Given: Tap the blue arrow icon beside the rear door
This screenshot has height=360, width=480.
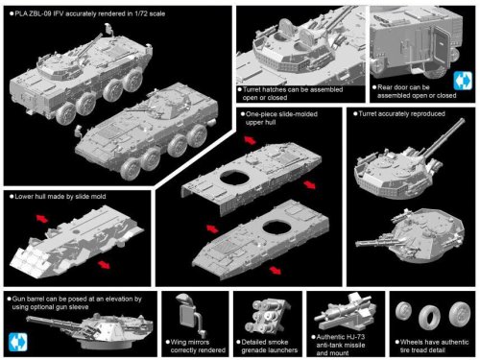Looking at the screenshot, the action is [x=463, y=81].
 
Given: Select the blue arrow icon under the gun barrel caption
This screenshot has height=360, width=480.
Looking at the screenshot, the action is [x=18, y=342].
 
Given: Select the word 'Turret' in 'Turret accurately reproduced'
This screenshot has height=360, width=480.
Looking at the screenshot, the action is [x=368, y=114].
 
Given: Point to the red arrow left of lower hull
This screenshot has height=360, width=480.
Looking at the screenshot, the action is [x=42, y=219].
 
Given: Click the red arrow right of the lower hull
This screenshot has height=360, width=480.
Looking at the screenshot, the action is [x=104, y=264].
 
